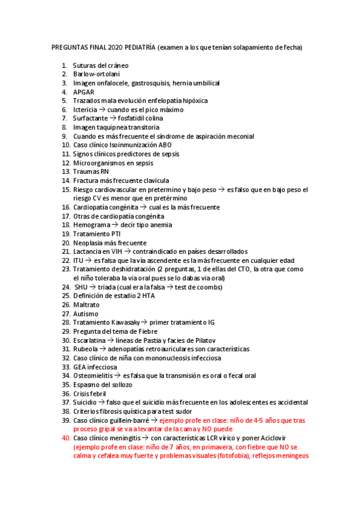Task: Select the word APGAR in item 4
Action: click(x=84, y=91)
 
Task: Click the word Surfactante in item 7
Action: click(x=91, y=118)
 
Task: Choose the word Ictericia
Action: click(x=87, y=109)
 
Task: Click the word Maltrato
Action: click(x=87, y=305)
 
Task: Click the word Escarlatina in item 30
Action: click(x=91, y=340)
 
